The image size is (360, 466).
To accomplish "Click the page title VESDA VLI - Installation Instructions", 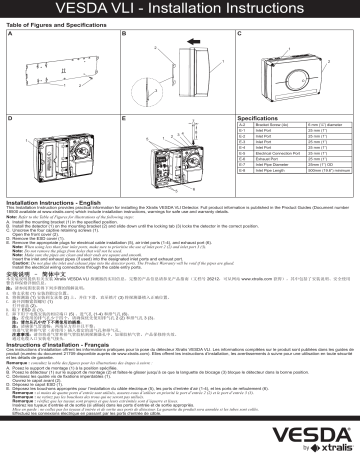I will pos(180,9).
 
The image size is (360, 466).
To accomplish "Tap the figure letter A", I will pos(11,33).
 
